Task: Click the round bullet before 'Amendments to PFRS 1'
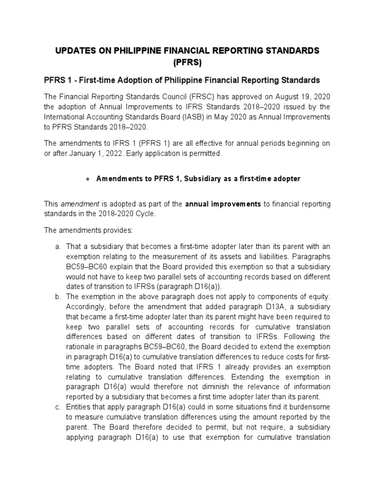coord(86,180)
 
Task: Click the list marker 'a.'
coord(58,250)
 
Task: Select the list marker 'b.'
coord(58,296)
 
